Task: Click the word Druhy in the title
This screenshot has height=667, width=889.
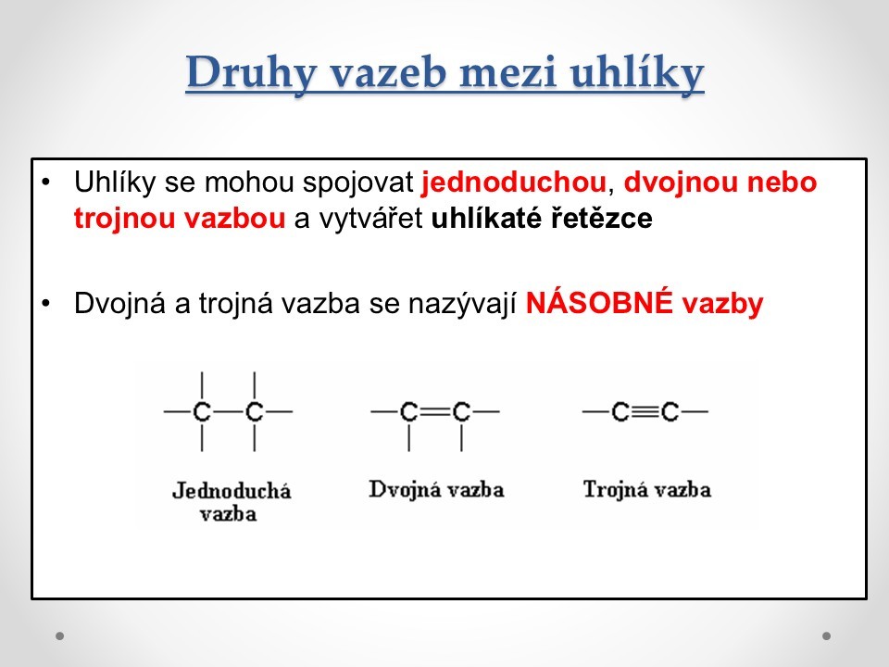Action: [251, 72]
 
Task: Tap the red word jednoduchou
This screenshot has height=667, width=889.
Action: [514, 182]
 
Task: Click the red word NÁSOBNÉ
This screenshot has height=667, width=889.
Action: [599, 303]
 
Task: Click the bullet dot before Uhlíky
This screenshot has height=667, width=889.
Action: [46, 182]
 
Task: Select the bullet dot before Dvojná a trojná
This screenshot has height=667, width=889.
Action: [46, 304]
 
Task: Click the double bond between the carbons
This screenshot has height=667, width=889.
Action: [435, 411]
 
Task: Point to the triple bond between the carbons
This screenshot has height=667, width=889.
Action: [645, 411]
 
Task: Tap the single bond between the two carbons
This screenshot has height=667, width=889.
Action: [229, 411]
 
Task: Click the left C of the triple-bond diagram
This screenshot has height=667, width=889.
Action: [620, 411]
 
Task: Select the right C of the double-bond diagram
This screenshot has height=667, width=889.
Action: [461, 411]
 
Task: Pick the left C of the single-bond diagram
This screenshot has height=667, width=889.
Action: [202, 411]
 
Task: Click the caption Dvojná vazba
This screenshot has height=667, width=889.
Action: [436, 490]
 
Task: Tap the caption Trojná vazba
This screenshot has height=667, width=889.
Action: [647, 490]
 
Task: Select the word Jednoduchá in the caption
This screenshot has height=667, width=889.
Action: [232, 491]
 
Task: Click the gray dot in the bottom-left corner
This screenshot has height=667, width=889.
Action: [60, 636]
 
